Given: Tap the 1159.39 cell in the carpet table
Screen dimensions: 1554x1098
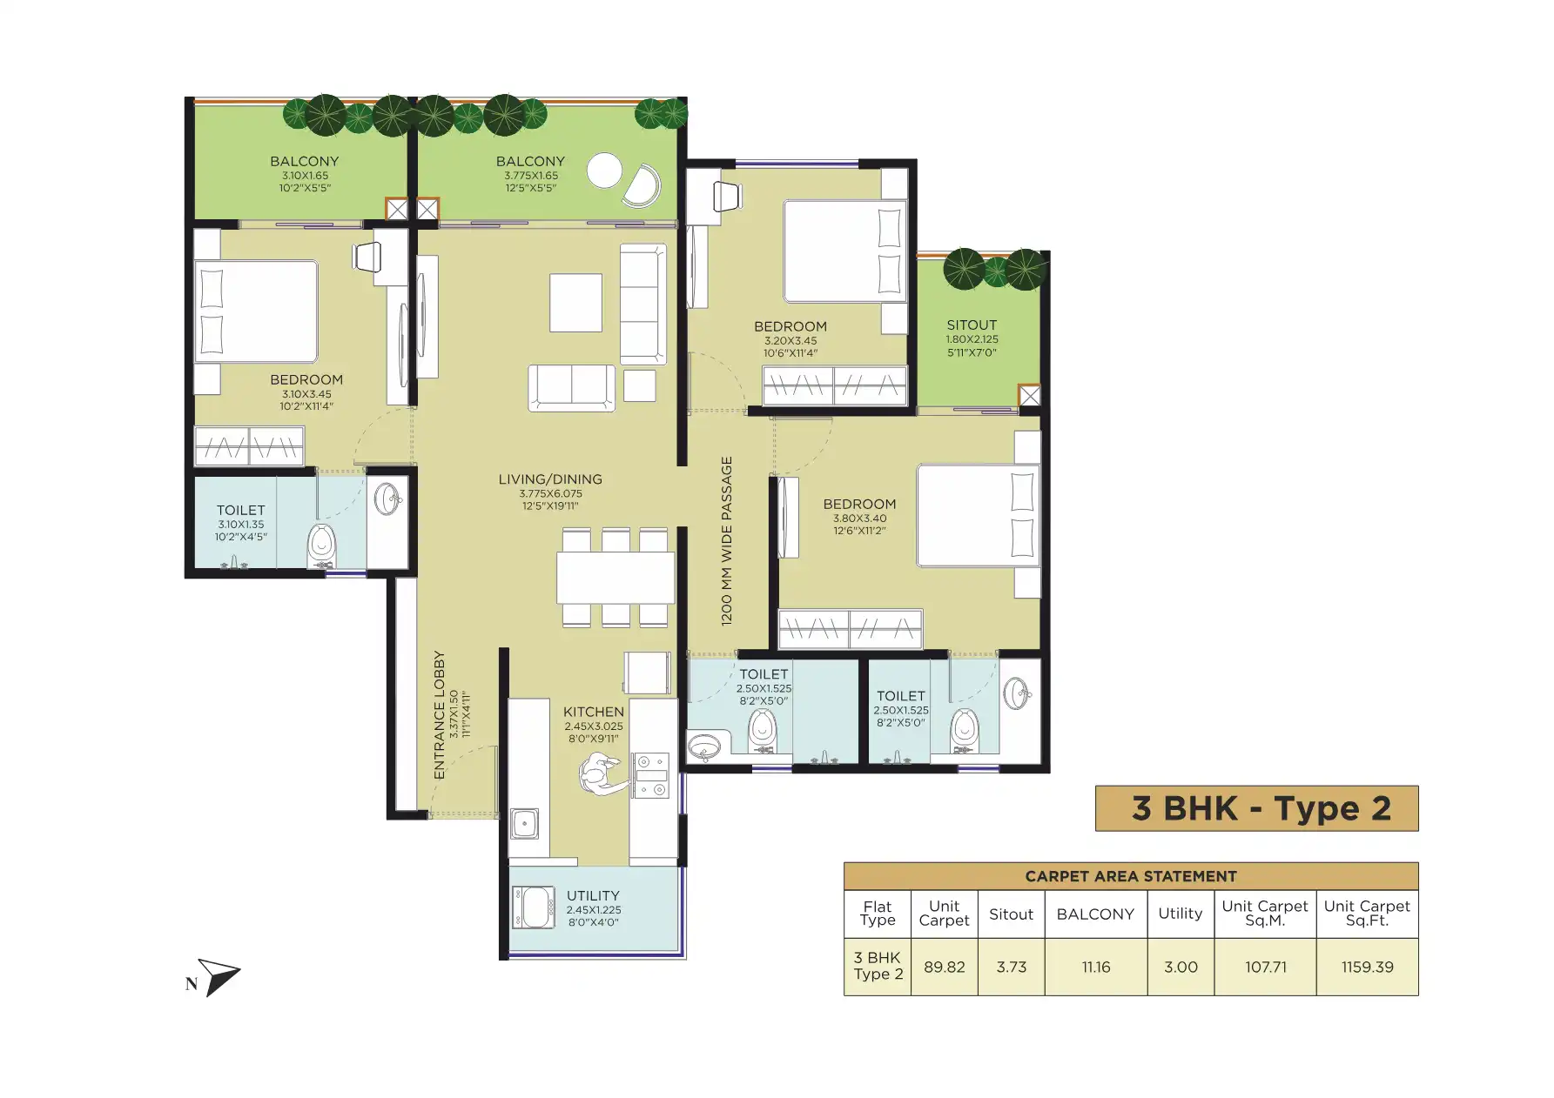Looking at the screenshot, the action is point(1367,967).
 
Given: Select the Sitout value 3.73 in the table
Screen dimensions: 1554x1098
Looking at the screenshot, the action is point(1011,967).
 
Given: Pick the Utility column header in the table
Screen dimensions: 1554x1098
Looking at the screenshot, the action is point(1181,914).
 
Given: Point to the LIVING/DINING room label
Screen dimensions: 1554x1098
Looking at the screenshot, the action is point(550,479).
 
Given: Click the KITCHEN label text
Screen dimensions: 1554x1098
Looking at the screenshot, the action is point(594,712).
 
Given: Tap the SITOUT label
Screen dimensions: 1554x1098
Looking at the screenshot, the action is point(972,325).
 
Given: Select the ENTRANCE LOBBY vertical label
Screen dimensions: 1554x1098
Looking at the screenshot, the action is point(440,715).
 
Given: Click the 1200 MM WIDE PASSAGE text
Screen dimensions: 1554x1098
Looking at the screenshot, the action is point(727,541).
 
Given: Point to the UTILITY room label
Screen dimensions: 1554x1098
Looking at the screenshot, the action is point(593,895).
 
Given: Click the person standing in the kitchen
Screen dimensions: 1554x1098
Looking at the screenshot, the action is point(602,773).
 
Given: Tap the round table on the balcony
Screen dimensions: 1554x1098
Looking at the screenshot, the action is point(604,171).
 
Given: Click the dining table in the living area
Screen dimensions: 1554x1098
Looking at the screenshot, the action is point(616,578).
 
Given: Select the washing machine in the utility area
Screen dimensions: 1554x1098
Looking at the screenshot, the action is point(534,907).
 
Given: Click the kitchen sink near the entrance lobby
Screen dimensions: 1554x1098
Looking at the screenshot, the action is point(524,823).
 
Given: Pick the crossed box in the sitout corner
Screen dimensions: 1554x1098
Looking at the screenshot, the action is point(1029,396).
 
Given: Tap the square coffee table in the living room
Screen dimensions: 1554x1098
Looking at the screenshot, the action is point(575,303).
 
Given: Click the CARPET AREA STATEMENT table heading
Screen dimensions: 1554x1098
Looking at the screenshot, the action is point(1131,876).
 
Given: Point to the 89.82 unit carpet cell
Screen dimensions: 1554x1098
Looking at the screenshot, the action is point(944,967).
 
